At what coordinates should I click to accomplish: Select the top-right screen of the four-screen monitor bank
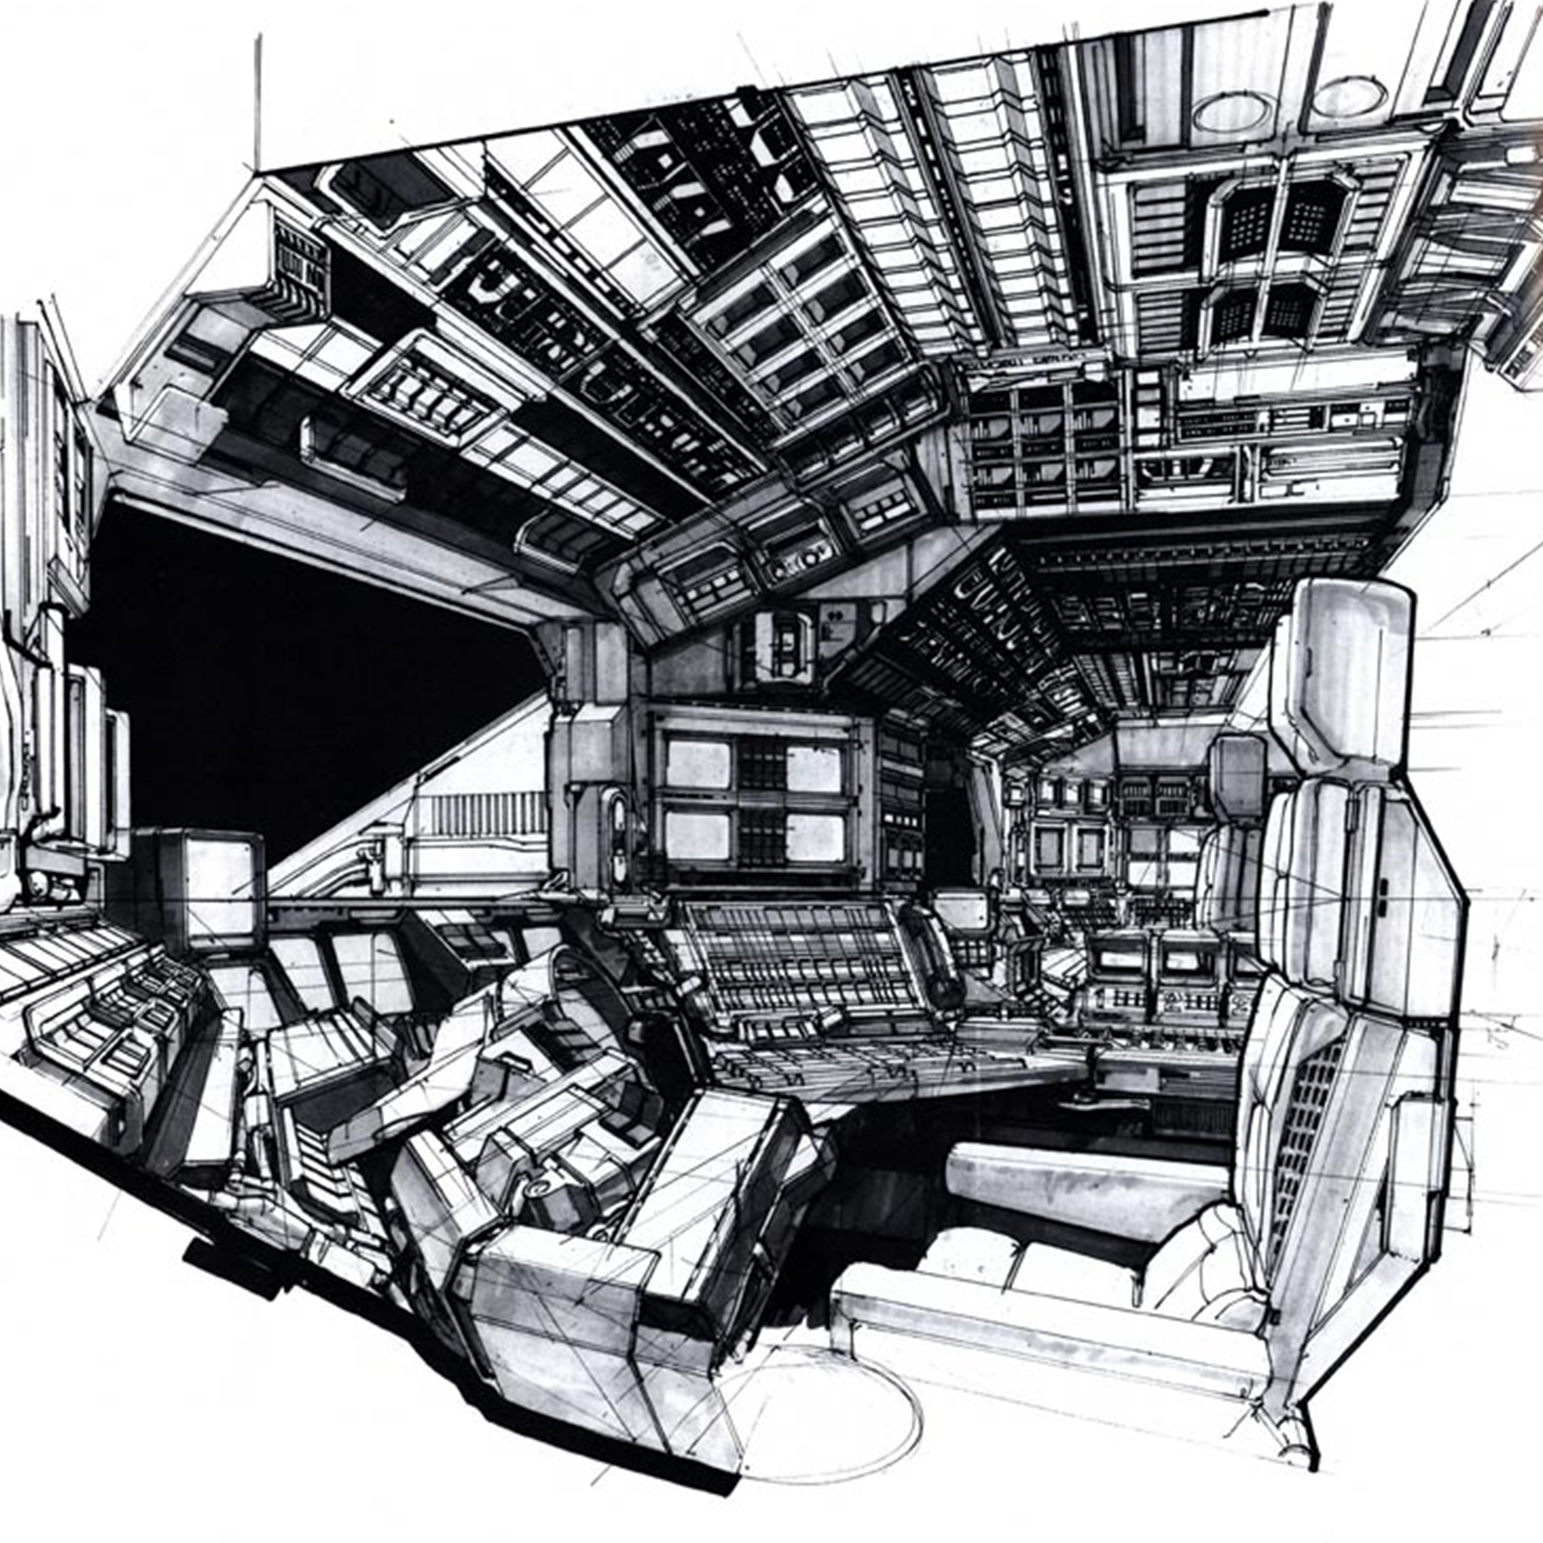[813, 767]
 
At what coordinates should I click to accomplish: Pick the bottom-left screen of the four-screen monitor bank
[697, 835]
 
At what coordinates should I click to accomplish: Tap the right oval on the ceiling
[1348, 96]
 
